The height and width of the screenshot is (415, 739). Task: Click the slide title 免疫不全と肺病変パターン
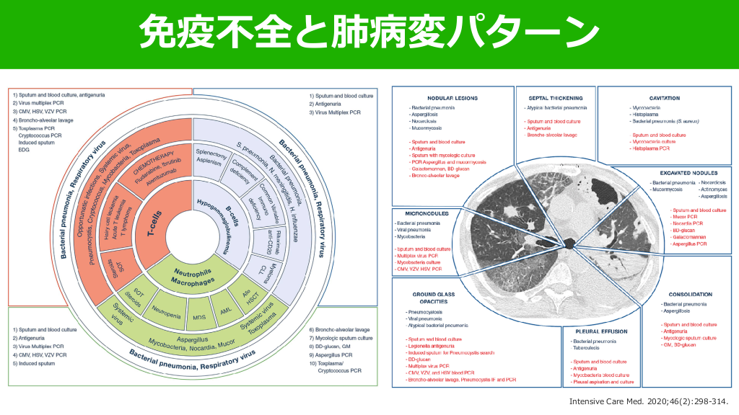(369, 31)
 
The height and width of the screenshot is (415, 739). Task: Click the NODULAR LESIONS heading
(451, 98)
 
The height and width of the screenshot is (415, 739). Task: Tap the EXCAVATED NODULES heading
(687, 174)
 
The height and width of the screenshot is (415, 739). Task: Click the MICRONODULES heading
(428, 214)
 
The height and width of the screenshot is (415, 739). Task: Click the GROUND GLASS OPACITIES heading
(429, 297)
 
